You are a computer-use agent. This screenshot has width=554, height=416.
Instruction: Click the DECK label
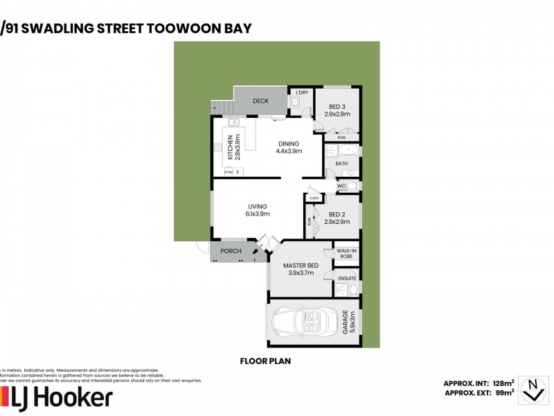click(260, 101)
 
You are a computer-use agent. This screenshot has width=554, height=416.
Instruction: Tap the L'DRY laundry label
click(301, 93)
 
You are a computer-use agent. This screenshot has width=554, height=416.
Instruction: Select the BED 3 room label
click(337, 106)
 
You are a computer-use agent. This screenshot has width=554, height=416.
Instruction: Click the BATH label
click(341, 164)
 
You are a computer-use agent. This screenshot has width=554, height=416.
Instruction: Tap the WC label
click(341, 187)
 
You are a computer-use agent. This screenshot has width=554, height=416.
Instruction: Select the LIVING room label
click(258, 206)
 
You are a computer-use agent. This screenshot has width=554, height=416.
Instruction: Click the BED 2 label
click(337, 214)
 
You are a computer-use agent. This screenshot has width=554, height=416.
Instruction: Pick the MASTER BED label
click(301, 265)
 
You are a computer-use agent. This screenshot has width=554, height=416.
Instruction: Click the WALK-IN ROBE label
click(346, 254)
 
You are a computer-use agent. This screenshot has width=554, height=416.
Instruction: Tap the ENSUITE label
click(346, 278)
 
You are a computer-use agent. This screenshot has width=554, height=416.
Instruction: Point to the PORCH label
click(231, 251)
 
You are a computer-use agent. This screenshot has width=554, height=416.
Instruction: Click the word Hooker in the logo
click(77, 398)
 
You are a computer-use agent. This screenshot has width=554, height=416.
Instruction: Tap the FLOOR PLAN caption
click(266, 361)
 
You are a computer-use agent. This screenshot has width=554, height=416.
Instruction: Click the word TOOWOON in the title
click(183, 28)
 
